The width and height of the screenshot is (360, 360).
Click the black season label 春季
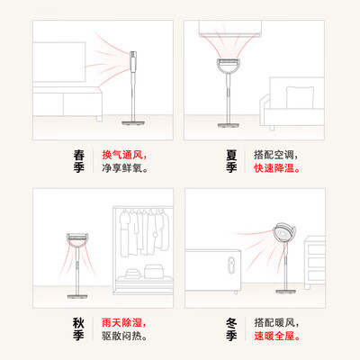point(79,161)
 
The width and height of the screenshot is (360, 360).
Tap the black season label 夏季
point(231,161)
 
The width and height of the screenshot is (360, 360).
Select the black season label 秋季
point(78,329)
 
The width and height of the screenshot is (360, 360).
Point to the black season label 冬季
point(231,329)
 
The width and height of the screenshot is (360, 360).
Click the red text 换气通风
point(121,155)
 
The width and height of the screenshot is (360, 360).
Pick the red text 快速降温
point(274,168)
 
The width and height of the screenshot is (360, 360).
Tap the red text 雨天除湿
point(121,323)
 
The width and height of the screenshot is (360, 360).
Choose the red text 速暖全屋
point(274,336)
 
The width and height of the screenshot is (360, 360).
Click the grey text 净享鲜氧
point(121,168)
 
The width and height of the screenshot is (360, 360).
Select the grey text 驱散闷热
point(121,336)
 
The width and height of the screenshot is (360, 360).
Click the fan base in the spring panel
point(133,122)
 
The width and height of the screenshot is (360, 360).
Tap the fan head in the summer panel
point(229,66)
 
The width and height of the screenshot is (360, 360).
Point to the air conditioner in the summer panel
point(229,29)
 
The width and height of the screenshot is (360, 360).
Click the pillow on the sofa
point(300,97)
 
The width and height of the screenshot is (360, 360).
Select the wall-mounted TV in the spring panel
point(59,62)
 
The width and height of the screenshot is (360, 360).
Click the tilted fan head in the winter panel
point(284,233)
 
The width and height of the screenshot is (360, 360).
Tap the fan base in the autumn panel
point(77,296)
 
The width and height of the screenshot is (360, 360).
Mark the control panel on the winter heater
point(231,265)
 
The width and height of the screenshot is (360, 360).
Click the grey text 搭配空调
point(274,155)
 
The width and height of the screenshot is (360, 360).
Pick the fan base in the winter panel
point(285,291)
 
